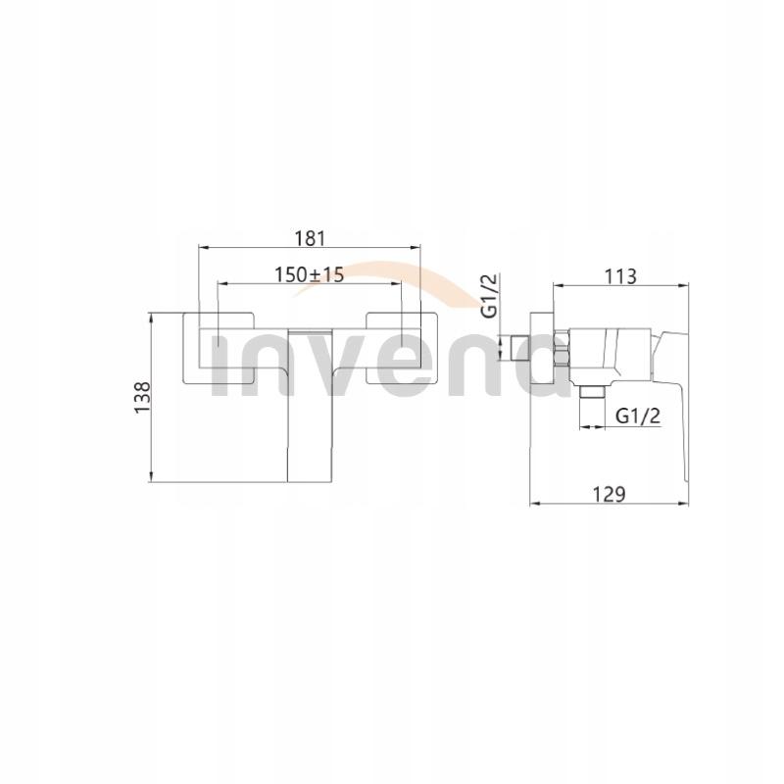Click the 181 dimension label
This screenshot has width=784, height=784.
coord(309,236)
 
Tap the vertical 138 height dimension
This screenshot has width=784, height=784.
coord(142,399)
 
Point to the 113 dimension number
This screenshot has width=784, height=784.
coord(619,275)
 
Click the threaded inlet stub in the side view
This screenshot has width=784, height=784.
coord(515,348)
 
